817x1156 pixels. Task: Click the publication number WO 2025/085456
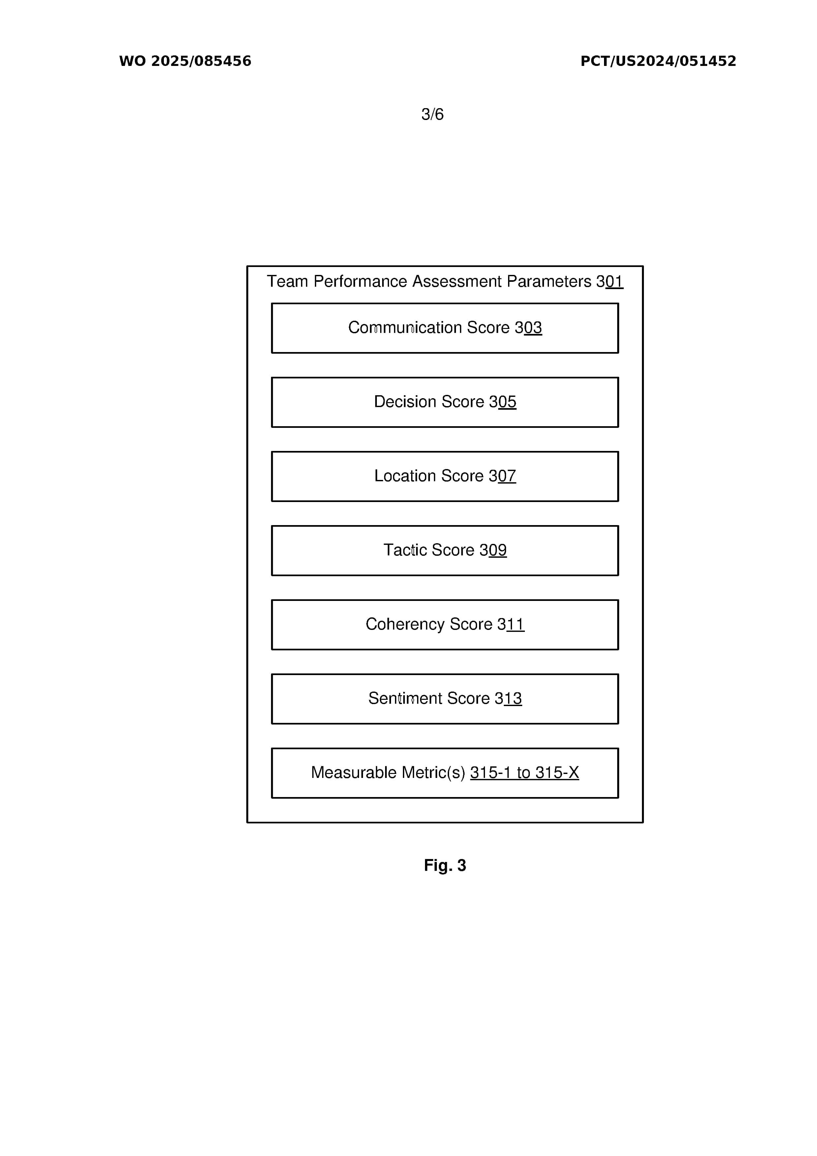[x=185, y=61]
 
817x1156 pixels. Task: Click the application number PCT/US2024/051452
[x=658, y=61]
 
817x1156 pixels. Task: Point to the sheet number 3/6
[x=432, y=114]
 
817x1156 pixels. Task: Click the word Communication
[x=405, y=327]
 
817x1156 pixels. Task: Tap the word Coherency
[x=405, y=624]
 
